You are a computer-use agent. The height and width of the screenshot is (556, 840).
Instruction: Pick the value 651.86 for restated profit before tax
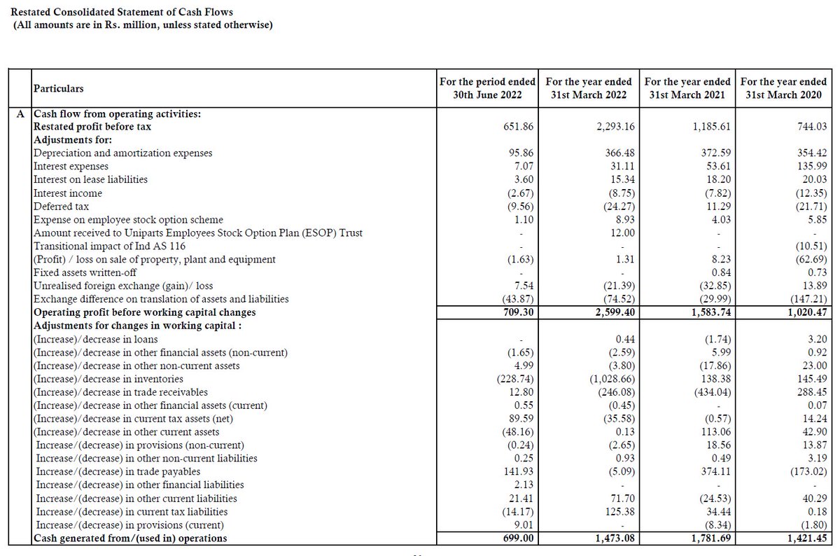(x=517, y=127)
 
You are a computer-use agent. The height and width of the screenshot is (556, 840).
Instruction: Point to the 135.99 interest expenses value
(x=810, y=166)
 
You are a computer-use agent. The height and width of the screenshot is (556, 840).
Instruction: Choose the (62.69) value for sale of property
(x=807, y=259)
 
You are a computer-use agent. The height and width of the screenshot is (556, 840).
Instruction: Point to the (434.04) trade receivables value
(x=710, y=391)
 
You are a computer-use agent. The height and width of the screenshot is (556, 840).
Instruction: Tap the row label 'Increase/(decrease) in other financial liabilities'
(x=139, y=485)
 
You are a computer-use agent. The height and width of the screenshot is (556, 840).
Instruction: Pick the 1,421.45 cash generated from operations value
(x=805, y=538)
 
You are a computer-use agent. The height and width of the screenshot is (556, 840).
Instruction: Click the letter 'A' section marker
(x=22, y=113)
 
